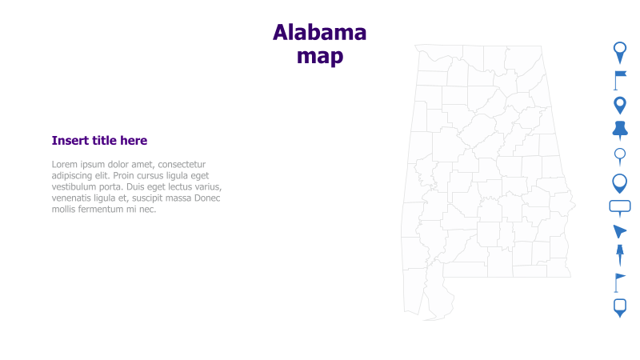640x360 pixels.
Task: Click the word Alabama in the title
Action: [319, 32]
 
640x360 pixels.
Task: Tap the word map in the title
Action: [319, 56]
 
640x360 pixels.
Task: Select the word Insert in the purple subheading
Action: [70, 141]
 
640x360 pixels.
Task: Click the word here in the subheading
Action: [134, 141]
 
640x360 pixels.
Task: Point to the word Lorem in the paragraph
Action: [66, 164]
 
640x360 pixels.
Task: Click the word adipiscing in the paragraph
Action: [74, 175]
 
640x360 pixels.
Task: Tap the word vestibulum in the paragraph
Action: [76, 186]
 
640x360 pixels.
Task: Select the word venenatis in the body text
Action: [74, 198]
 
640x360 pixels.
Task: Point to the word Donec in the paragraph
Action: [206, 198]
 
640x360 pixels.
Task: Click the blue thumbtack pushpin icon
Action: [619, 129]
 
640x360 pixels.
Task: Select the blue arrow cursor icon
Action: [619, 231]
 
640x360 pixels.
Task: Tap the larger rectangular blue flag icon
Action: [619, 78]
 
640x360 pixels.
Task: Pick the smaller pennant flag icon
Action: [618, 281]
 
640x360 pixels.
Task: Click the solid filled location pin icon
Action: [619, 104]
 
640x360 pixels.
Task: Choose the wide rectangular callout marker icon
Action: [619, 206]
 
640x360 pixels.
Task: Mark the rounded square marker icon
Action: [619, 306]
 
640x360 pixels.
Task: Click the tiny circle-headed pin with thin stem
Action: [619, 155]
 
